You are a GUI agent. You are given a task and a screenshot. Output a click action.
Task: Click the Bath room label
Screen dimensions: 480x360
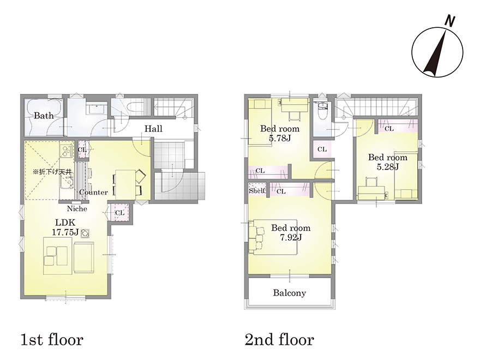pyautogui.click(x=44, y=116)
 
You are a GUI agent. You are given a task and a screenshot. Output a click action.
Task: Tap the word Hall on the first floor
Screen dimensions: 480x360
pyautogui.click(x=153, y=129)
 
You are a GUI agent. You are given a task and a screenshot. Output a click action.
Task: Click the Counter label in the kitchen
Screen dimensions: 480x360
pyautogui.click(x=93, y=192)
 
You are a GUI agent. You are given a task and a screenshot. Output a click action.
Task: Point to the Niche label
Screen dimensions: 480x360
pyautogui.click(x=77, y=209)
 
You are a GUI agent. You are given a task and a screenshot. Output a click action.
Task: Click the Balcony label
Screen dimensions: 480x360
pyautogui.click(x=289, y=293)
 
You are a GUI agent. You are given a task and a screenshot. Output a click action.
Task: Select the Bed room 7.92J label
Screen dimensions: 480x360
pyautogui.click(x=291, y=232)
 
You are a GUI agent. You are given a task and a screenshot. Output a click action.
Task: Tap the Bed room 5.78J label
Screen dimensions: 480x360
pyautogui.click(x=280, y=133)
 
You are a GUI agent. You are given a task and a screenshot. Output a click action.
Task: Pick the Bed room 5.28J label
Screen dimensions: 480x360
pyautogui.click(x=388, y=162)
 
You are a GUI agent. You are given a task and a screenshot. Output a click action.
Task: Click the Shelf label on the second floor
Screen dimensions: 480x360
pyautogui.click(x=256, y=191)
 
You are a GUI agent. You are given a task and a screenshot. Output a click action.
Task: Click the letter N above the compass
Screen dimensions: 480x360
pyautogui.click(x=449, y=21)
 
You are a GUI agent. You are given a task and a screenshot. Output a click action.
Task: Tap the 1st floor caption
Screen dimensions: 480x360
pyautogui.click(x=52, y=340)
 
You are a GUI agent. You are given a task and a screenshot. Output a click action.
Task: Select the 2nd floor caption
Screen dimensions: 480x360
pyautogui.click(x=279, y=340)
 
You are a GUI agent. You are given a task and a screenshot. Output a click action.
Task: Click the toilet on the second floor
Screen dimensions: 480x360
pyautogui.click(x=322, y=110)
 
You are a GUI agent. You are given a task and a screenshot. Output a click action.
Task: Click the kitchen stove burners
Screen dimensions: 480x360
pyautogui.click(x=66, y=151)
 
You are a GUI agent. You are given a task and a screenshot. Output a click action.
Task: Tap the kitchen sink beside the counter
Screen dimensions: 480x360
pyautogui.click(x=67, y=184)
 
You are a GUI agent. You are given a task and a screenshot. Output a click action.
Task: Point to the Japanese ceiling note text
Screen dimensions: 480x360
pyautogui.click(x=52, y=172)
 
